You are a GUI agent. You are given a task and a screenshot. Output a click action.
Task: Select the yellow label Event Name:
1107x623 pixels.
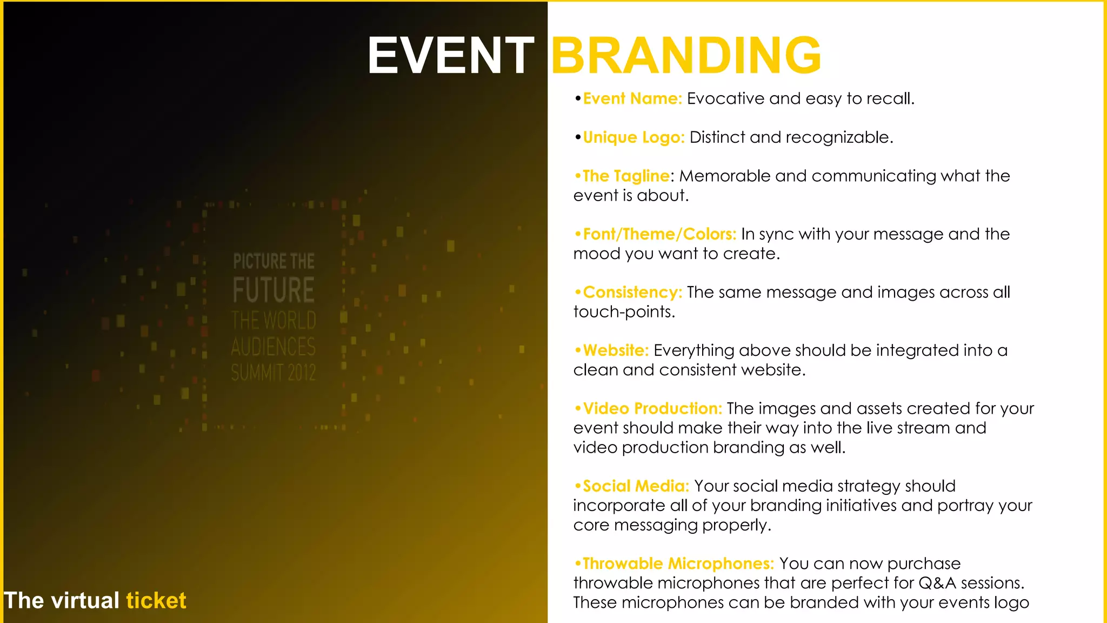[632, 99]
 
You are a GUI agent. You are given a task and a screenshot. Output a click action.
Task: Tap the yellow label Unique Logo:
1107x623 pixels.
[634, 137]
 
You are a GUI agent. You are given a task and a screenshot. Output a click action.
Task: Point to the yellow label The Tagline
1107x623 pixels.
[626, 176]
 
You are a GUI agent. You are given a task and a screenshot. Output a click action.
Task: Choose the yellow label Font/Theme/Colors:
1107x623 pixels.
[659, 234]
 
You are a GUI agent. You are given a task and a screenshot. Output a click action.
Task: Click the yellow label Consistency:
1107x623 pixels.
[632, 293]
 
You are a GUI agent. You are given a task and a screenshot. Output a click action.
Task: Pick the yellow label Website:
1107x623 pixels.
[616, 350]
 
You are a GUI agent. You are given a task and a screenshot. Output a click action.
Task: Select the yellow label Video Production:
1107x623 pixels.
[652, 408]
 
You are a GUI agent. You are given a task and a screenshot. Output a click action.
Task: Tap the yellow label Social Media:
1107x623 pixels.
[636, 486]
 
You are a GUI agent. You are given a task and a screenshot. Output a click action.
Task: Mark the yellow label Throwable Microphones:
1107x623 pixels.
[678, 564]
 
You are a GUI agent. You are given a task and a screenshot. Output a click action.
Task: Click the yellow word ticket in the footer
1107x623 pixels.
[156, 601]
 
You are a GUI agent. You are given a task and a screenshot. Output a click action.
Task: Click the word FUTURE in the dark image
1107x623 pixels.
[274, 290]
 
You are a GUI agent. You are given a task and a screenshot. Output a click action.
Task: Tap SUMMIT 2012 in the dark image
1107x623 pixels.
[274, 373]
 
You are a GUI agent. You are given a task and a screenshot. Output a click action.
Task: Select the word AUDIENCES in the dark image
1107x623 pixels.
[274, 347]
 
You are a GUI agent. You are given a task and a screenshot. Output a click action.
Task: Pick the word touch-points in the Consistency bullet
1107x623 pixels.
[624, 312]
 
